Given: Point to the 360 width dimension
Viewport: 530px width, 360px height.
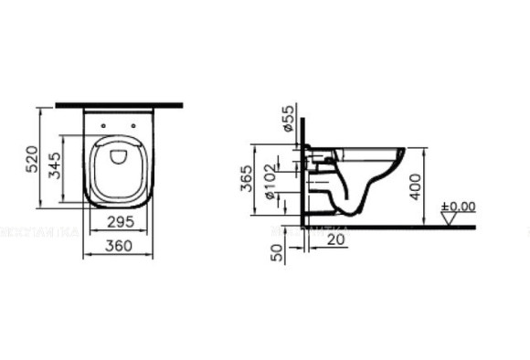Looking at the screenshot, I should [119, 245].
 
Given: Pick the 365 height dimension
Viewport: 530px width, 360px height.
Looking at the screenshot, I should [247, 179].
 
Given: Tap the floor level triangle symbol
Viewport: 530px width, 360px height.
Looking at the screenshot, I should [448, 218].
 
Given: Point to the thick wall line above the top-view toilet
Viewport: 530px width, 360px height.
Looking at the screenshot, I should [119, 106].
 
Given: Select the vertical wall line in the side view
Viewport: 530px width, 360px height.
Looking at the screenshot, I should [301, 183].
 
